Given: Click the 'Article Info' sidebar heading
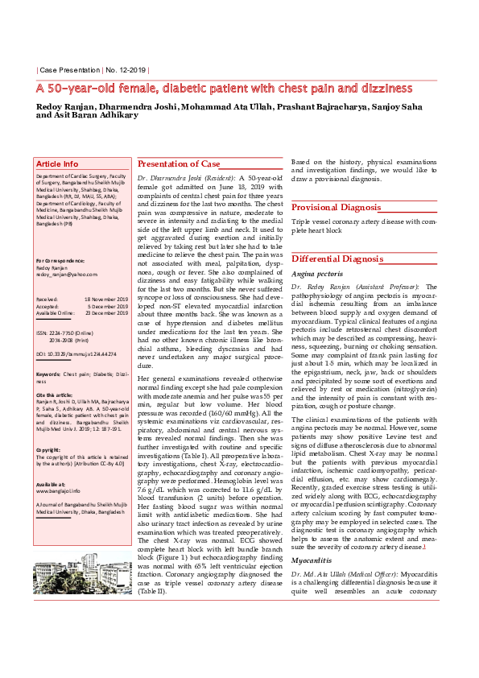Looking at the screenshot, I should pos(57,163).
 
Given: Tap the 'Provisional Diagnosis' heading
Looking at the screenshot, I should pos(336,207).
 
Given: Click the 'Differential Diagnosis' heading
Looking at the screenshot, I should pos(337,259).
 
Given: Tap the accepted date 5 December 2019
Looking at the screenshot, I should pos(107,305).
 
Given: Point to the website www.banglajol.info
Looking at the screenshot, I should pos(58,489).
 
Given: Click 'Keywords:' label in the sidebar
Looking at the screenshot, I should pos(48,374).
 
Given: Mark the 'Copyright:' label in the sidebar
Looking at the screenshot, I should pos(49,449).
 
